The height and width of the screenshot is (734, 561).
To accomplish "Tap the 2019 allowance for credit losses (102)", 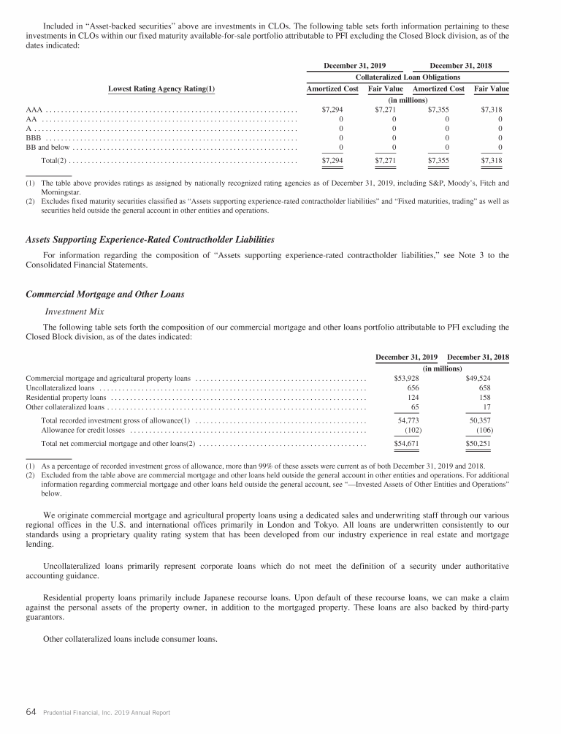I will (x=412, y=430).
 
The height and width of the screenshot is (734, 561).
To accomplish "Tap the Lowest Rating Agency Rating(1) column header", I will (x=161, y=89).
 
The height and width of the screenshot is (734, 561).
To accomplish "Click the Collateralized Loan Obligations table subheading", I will (x=408, y=76).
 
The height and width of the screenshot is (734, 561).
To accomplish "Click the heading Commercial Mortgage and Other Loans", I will (x=105, y=295).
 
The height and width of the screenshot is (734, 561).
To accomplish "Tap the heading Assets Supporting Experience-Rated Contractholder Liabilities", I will (x=150, y=239).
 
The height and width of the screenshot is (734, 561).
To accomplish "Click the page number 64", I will (x=31, y=711).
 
